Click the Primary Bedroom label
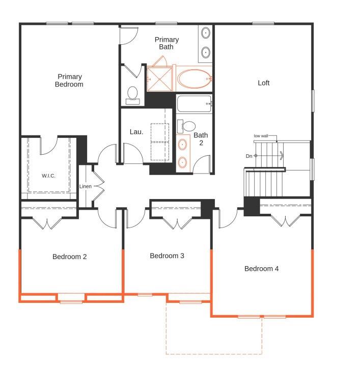[69, 80]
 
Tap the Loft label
[263, 83]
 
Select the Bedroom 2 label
[70, 257]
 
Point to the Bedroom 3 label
[167, 256]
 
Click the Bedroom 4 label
[261, 269]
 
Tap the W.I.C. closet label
[48, 176]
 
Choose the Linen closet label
[85, 186]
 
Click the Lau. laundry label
[136, 132]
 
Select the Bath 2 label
[201, 139]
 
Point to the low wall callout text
[261, 136]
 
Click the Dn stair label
[249, 156]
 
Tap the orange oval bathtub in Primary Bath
[194, 79]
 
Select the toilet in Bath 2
[186, 126]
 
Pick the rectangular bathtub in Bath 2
[195, 104]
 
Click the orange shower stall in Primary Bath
[160, 78]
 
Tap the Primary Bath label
[167, 43]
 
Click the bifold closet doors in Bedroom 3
[178, 223]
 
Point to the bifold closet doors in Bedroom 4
[286, 220]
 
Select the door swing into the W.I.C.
[48, 146]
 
